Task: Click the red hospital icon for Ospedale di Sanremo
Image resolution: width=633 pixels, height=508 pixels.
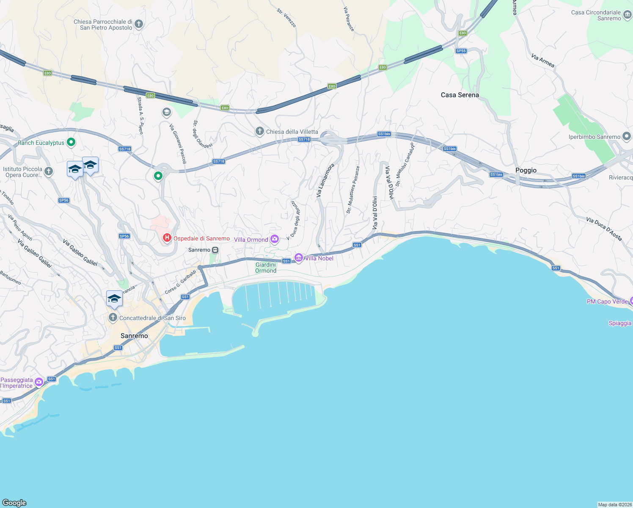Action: (x=167, y=238)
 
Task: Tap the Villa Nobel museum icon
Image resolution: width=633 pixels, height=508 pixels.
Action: (x=299, y=258)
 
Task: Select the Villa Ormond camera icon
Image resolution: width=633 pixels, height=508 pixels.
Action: (x=275, y=239)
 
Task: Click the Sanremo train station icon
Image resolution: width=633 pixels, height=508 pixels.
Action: (x=215, y=250)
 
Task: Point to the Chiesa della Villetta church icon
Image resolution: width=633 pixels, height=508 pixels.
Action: (x=259, y=132)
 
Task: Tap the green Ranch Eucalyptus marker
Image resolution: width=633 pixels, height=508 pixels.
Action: (x=71, y=142)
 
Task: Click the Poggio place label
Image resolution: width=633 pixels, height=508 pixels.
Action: (x=526, y=170)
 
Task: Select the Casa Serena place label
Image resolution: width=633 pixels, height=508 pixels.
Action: (x=460, y=95)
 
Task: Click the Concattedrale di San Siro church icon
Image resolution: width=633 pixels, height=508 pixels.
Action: (x=113, y=317)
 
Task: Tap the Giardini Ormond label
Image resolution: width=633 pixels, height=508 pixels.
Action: (x=266, y=268)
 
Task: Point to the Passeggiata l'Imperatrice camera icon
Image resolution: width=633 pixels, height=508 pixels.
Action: (x=39, y=382)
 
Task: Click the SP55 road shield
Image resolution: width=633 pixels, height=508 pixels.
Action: (x=461, y=51)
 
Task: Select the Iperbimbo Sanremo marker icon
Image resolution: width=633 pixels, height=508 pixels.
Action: (x=627, y=136)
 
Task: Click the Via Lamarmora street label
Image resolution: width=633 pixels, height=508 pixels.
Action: (x=325, y=180)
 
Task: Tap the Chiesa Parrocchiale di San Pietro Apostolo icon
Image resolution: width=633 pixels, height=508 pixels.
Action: (x=139, y=24)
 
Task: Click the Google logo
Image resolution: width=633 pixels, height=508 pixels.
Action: (x=14, y=502)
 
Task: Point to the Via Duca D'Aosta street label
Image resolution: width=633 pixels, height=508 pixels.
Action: (x=604, y=229)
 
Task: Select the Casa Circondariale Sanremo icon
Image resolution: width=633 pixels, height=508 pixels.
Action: (x=627, y=15)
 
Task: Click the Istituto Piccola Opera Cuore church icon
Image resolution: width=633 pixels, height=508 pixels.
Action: (x=49, y=171)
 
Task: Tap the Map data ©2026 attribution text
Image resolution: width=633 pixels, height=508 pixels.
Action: (x=615, y=504)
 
